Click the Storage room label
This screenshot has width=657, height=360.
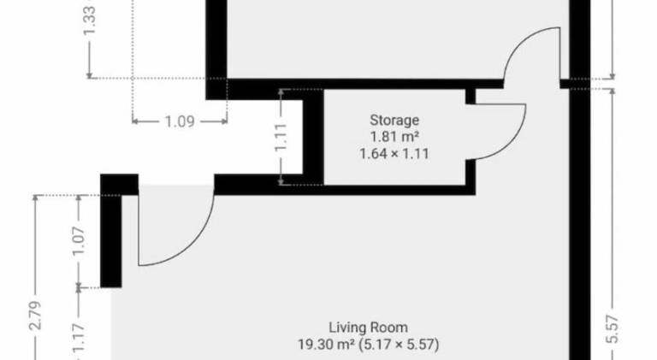click(394, 121)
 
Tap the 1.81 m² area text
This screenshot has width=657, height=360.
click(394, 137)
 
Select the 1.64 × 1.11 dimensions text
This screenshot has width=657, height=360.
click(394, 154)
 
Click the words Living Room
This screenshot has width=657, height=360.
click(368, 328)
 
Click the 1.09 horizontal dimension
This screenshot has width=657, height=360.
click(180, 121)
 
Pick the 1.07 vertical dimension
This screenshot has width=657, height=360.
click(79, 241)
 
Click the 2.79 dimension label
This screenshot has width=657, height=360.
click(36, 316)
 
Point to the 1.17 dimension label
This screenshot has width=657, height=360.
click(79, 338)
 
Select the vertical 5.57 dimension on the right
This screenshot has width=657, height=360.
click(613, 329)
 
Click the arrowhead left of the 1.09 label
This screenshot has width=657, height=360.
click(135, 121)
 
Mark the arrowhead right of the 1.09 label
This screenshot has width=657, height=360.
click(225, 121)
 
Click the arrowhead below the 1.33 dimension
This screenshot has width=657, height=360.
click(89, 75)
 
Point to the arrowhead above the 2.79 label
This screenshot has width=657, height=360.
click(36, 198)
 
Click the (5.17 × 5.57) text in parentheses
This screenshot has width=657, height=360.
click(400, 345)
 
